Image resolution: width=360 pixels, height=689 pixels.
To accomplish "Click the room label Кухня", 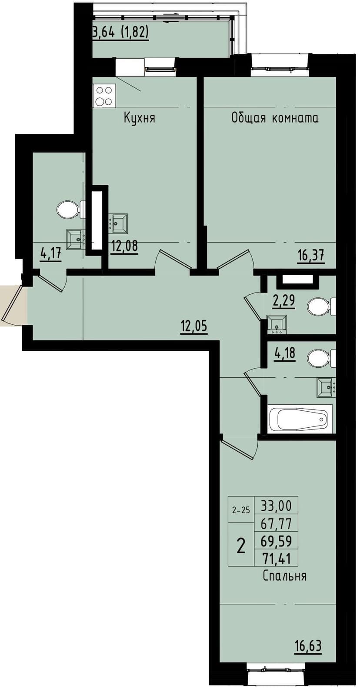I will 139,118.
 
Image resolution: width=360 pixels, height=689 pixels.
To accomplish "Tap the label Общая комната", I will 274,118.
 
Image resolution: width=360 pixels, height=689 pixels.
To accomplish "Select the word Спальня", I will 285,576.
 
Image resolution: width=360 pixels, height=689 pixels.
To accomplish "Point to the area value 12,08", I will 124,246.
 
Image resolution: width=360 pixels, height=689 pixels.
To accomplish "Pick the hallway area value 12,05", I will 194,326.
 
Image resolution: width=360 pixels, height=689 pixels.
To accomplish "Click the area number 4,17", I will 50,253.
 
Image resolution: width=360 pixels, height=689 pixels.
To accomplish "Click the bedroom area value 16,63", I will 308,646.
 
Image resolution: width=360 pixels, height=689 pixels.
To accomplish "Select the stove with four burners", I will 104,96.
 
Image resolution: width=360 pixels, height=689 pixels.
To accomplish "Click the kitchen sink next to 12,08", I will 118,223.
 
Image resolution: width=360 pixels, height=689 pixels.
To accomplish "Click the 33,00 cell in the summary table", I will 276,506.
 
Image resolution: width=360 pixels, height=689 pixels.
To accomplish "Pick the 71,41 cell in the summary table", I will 276,558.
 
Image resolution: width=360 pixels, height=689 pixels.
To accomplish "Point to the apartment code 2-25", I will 241,510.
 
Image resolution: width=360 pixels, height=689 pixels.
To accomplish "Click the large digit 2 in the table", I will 241,545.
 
